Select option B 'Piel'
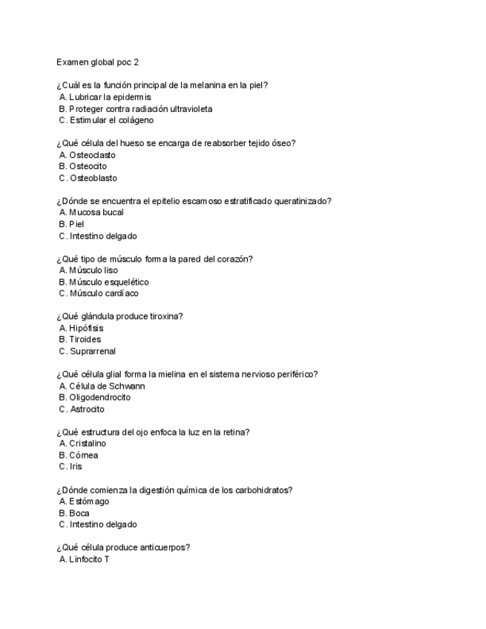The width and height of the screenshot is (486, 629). pos(77,224)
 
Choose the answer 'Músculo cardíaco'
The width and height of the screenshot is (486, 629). pos(103,293)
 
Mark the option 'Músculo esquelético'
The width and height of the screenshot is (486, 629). pos(108,282)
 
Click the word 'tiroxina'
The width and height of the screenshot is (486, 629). pos(166,316)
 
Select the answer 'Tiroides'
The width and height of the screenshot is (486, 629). pos(85,339)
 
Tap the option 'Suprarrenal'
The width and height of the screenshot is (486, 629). pos(92,351)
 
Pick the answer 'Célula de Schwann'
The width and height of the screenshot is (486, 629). pos(106,386)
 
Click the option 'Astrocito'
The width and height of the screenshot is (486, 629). pos(87,409)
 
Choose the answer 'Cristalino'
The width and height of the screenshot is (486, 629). pos(87,444)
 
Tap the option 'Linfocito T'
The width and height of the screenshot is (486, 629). pos(89,559)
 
